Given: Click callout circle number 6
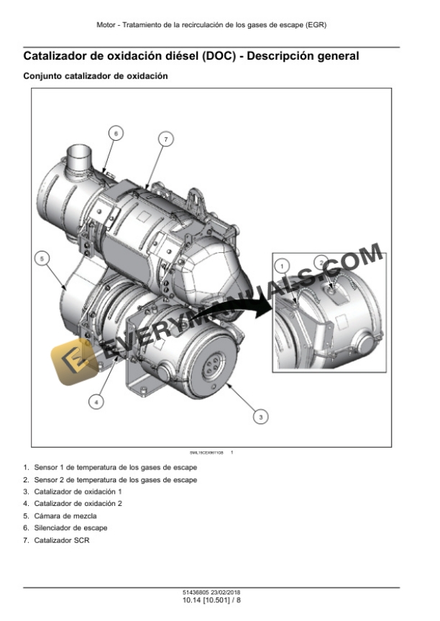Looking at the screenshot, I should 116,133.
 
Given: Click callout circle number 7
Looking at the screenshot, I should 166,139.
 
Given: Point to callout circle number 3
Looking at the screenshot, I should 262,415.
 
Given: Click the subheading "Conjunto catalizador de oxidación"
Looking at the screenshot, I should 96,76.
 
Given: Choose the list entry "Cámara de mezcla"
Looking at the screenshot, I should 65,516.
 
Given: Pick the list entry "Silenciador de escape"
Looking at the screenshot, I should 70,528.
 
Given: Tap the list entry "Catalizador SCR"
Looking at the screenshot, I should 62,540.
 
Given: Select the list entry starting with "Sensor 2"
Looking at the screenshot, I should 115,479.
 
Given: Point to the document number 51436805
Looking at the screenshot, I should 196,592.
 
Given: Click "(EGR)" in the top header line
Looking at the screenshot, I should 315,25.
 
